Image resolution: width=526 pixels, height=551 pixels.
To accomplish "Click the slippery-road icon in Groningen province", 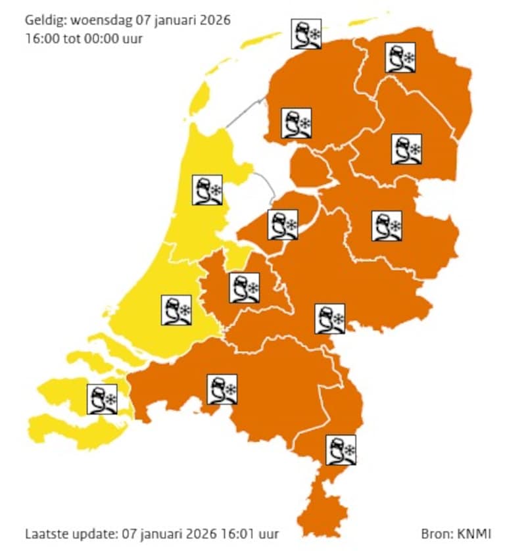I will click(x=400, y=58).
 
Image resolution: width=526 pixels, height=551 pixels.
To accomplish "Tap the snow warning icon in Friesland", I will click(x=297, y=124).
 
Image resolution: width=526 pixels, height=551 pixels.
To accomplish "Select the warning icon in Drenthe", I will click(x=406, y=149).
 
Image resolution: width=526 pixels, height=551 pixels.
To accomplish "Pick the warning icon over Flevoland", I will click(x=283, y=225).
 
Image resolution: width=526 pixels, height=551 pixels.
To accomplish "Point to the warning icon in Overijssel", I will click(x=387, y=226).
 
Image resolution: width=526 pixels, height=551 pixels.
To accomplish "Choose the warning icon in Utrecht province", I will click(x=245, y=288).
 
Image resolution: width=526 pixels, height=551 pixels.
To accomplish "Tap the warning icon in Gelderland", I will click(x=330, y=319).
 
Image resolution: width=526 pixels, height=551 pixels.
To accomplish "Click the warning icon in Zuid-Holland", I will click(x=176, y=310).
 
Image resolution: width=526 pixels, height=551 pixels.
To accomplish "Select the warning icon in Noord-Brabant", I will click(x=222, y=389).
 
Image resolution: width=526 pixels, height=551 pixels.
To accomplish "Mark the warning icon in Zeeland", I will click(x=102, y=399).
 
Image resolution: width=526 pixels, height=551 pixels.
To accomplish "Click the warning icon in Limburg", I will click(x=341, y=450).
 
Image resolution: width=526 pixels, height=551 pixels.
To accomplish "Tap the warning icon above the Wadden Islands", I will click(x=307, y=34).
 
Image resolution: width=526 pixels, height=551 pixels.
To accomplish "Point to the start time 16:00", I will click(x=39, y=37).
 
